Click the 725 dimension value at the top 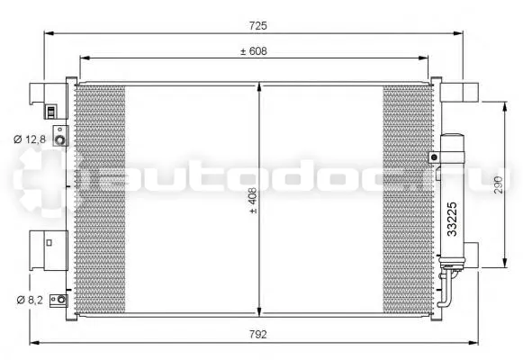(258, 26)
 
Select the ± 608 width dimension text (254, 51)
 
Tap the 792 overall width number (258, 334)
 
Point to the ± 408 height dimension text (253, 201)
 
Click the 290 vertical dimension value (498, 184)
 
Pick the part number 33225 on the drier (452, 219)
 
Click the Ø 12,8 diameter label (30, 139)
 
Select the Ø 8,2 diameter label (30, 300)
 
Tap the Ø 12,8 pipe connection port (60, 140)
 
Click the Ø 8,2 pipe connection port (61, 300)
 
